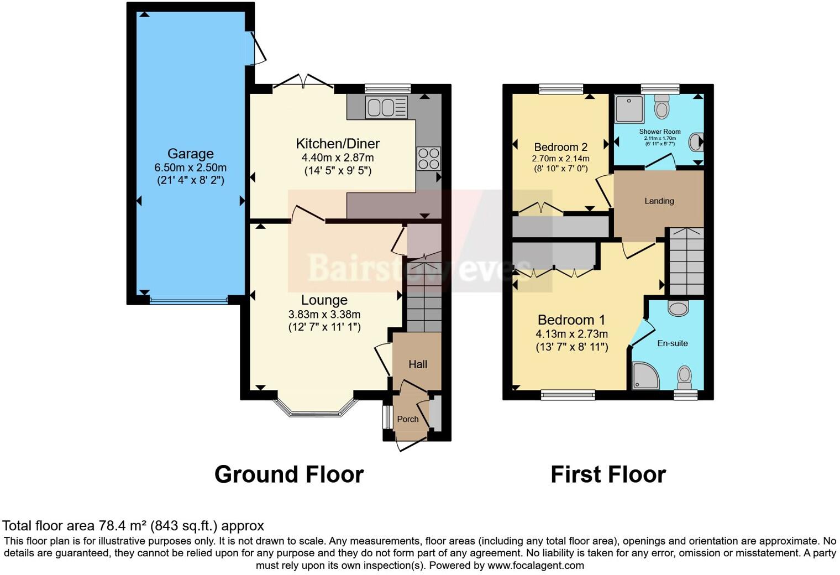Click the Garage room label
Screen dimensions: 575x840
tap(190, 154)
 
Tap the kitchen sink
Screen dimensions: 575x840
tap(386, 107)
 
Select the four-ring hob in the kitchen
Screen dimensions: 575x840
tap(428, 159)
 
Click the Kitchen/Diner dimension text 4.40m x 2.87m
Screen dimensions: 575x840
tap(338, 158)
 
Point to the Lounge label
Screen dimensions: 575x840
tap(324, 300)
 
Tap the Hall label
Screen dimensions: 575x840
tap(418, 364)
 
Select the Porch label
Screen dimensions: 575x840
tap(408, 419)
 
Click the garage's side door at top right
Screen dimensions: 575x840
tap(258, 48)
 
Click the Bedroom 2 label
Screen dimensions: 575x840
tap(560, 147)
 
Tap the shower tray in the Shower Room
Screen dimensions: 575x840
tap(629, 109)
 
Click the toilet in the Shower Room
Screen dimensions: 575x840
tap(662, 107)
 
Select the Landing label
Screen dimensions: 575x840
tap(659, 201)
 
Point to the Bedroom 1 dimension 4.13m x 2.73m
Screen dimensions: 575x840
tap(571, 334)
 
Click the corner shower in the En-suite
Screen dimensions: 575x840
tap(645, 376)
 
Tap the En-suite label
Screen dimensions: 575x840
tap(672, 343)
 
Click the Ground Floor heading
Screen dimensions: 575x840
tap(288, 474)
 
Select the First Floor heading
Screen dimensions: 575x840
tap(608, 474)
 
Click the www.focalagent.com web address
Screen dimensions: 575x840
tap(535, 566)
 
